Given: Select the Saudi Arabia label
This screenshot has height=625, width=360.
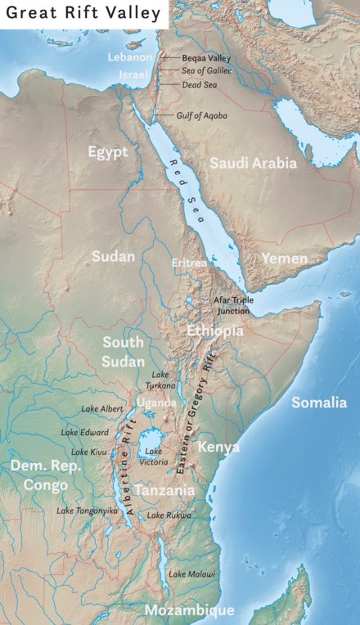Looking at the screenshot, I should point(253,164).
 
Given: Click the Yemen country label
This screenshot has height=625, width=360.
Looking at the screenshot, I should point(284,259).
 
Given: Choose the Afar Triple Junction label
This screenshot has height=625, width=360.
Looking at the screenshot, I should point(233,305).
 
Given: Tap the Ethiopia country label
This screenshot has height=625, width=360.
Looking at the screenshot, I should point(214,330).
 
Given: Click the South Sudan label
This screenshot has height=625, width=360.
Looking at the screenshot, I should point(122,350).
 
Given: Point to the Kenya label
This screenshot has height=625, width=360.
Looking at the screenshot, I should point(218,447).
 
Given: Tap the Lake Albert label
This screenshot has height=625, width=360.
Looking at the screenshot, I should point(101,408).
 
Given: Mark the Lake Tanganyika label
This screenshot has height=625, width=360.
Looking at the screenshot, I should point(87,510).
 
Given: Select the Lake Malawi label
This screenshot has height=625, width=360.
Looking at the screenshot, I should point(192,574).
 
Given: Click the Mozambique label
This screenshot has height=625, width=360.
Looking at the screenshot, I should point(189,610).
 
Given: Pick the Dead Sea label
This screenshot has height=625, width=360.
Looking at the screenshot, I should point(196,84).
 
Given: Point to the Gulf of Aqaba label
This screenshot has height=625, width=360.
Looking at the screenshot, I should point(201,115).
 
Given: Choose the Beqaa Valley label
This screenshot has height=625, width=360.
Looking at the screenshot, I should point(205,58).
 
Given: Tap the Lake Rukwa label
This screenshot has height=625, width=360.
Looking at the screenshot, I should point(169,515).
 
